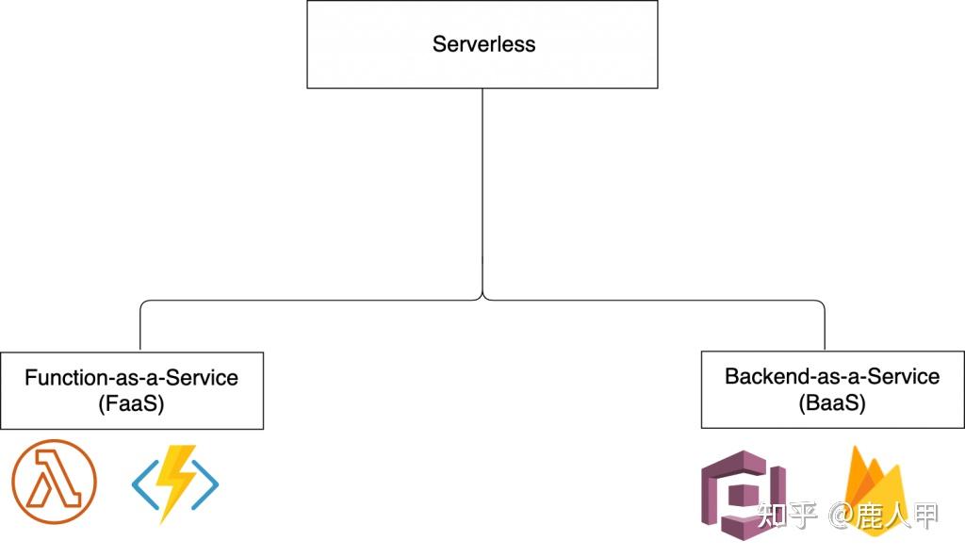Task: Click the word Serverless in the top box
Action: (x=483, y=44)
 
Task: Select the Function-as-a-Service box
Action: (x=132, y=390)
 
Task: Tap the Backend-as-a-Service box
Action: (x=832, y=389)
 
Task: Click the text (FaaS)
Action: (x=131, y=403)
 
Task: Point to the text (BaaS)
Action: (x=831, y=402)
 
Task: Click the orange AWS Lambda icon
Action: (x=54, y=483)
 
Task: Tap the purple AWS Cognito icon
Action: (x=744, y=493)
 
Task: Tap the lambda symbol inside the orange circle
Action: (x=54, y=483)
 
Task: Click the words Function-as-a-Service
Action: (x=131, y=378)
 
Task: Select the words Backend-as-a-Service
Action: (x=832, y=377)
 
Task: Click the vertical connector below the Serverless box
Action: (x=482, y=188)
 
